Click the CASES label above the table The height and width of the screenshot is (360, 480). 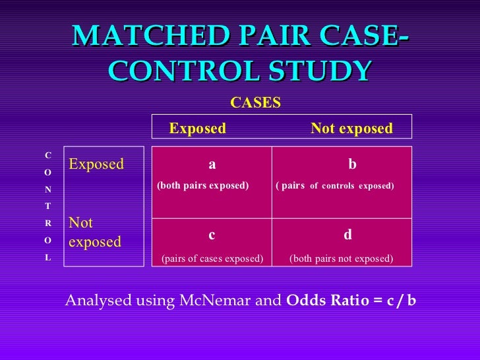pyautogui.click(x=255, y=103)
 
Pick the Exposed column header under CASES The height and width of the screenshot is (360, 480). pyautogui.click(x=197, y=128)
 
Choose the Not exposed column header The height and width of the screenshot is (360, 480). pyautogui.click(x=351, y=128)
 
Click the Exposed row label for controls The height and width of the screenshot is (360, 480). pyautogui.click(x=96, y=164)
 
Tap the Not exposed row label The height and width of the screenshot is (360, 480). pyautogui.click(x=95, y=233)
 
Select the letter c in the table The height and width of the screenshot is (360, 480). pyautogui.click(x=212, y=235)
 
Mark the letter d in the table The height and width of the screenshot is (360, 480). pyautogui.click(x=348, y=235)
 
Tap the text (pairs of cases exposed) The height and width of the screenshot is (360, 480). pyautogui.click(x=212, y=258)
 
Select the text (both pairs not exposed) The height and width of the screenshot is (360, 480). pyautogui.click(x=342, y=258)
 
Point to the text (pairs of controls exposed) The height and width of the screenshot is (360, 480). pyautogui.click(x=335, y=186)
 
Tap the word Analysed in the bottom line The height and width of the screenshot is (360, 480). pyautogui.click(x=97, y=301)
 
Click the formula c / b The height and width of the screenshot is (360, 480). pyautogui.click(x=402, y=301)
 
